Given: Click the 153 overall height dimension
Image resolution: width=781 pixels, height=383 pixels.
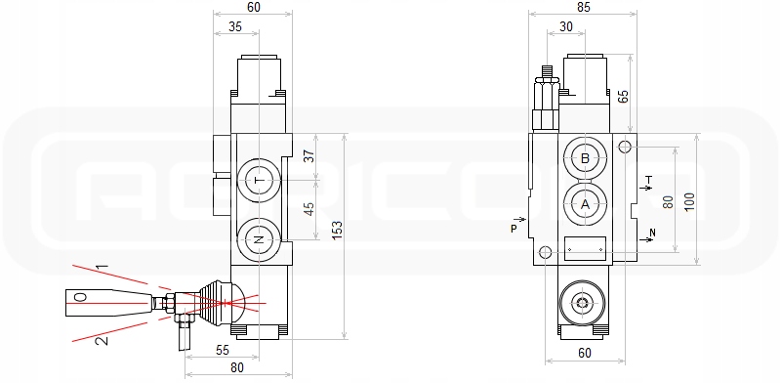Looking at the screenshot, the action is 337,236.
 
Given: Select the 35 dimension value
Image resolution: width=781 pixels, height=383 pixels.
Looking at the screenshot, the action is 235,26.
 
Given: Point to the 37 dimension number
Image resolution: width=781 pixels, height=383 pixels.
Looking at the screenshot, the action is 309,156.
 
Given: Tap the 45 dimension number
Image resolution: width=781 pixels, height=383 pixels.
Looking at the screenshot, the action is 309,208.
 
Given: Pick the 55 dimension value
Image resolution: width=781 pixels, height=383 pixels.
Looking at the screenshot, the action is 223,350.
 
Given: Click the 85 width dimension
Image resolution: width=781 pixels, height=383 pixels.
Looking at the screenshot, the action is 583,7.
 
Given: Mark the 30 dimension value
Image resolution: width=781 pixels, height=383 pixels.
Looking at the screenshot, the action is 566,26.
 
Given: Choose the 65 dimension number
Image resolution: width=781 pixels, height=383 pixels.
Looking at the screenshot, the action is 623,96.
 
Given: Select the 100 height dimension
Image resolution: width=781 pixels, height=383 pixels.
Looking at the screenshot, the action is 689,201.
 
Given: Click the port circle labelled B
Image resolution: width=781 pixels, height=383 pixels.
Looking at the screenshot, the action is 585,158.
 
